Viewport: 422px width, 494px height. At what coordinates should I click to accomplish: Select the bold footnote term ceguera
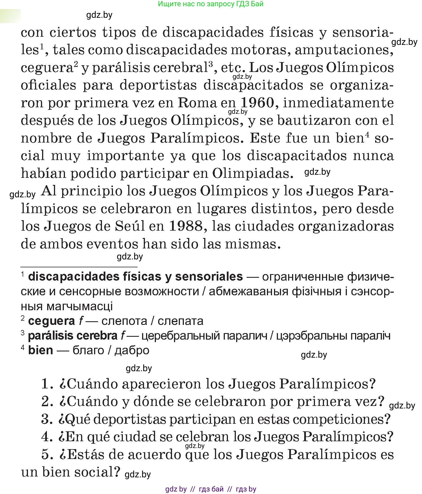[51, 321]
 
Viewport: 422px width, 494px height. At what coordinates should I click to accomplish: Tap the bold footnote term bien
[40, 350]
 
